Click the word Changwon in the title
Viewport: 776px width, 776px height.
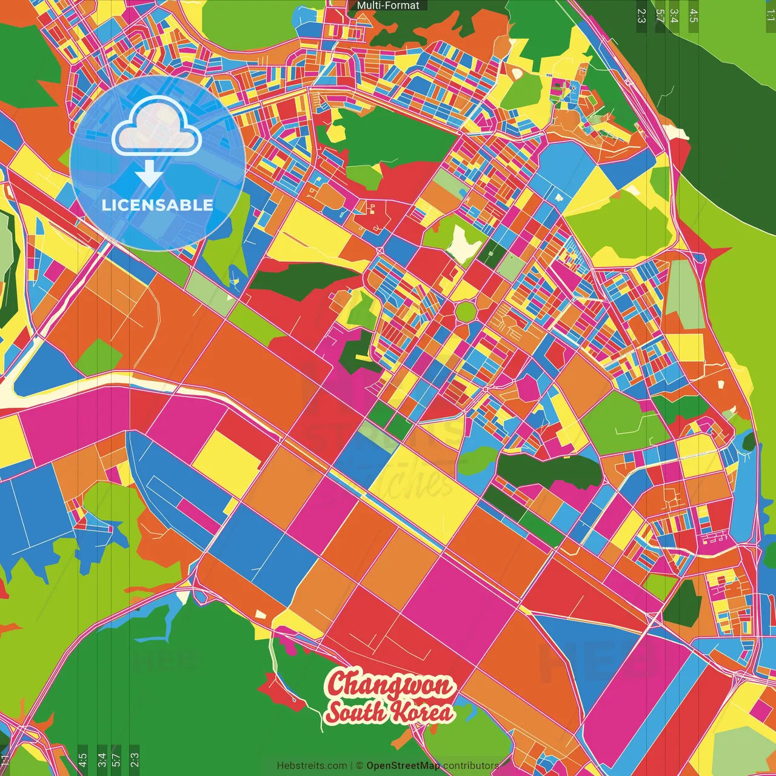click(x=390, y=684)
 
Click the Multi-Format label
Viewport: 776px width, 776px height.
click(x=388, y=5)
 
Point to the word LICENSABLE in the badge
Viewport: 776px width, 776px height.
click(x=158, y=205)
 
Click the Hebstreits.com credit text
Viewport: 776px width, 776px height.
click(x=312, y=766)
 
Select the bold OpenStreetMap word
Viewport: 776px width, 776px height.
click(x=403, y=766)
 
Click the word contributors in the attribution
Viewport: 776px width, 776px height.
click(x=470, y=766)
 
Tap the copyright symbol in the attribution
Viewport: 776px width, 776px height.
click(x=359, y=766)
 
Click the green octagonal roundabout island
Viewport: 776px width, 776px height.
click(x=465, y=311)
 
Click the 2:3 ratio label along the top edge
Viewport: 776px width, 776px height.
click(x=641, y=15)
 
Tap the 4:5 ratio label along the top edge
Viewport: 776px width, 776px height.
click(x=694, y=15)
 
